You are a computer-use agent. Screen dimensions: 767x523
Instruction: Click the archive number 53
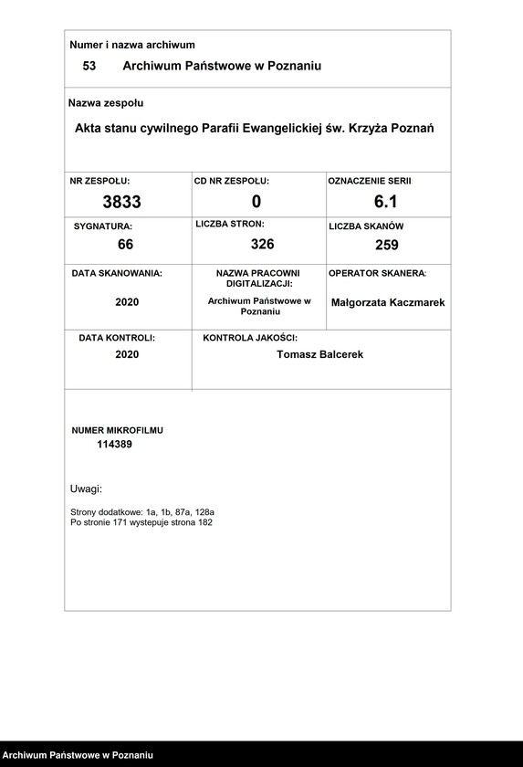(89, 66)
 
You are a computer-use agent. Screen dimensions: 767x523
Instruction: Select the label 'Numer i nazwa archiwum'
(132, 45)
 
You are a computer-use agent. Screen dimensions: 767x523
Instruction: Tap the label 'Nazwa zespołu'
(107, 103)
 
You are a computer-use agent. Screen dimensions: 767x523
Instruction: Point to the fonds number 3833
(121, 202)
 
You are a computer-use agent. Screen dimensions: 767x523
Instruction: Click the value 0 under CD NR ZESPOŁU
(256, 202)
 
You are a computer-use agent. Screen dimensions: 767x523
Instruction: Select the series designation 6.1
(386, 202)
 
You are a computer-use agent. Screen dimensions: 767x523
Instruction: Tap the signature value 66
(126, 244)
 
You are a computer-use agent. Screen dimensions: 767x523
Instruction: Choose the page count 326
(263, 244)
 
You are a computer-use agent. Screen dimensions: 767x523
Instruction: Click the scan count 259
(387, 245)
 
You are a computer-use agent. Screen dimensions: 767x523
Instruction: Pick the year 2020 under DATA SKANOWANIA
(127, 302)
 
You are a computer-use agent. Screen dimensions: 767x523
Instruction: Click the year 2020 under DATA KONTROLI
(127, 354)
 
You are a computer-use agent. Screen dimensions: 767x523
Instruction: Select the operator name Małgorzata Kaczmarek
(388, 302)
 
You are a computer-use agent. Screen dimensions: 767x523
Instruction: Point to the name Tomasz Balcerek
(319, 354)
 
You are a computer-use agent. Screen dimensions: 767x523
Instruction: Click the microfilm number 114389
(117, 444)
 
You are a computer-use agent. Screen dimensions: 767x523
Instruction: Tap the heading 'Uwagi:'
(86, 489)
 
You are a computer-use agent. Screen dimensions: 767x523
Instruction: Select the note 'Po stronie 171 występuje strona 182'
(141, 522)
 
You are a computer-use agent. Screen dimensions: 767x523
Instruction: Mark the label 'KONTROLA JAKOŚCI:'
(250, 338)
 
